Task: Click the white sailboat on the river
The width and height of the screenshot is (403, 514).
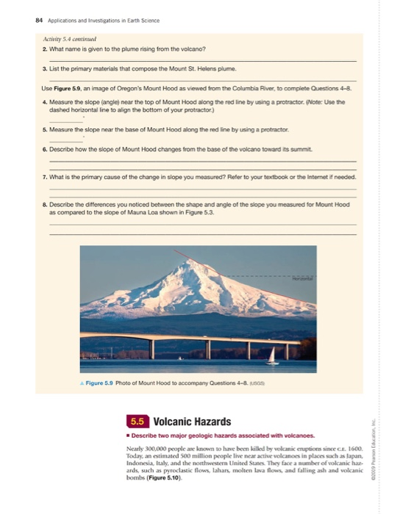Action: coord(271,356)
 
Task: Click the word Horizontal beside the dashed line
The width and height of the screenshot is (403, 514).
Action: coord(299,279)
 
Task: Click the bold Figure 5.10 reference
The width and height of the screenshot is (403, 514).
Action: coord(173,479)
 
